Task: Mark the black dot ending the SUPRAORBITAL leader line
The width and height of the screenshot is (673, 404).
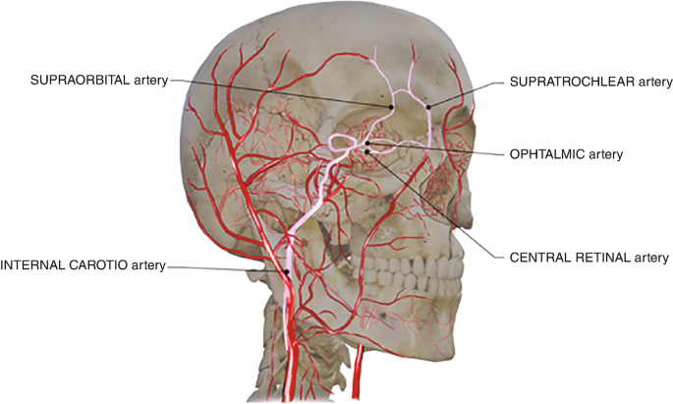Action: (391, 106)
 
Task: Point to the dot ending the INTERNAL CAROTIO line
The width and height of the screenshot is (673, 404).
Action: (287, 272)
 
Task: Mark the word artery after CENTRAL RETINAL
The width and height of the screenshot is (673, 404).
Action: (647, 258)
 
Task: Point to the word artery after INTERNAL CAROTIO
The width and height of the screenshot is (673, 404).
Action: (146, 264)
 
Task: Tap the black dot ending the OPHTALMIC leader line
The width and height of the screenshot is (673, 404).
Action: (367, 144)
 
